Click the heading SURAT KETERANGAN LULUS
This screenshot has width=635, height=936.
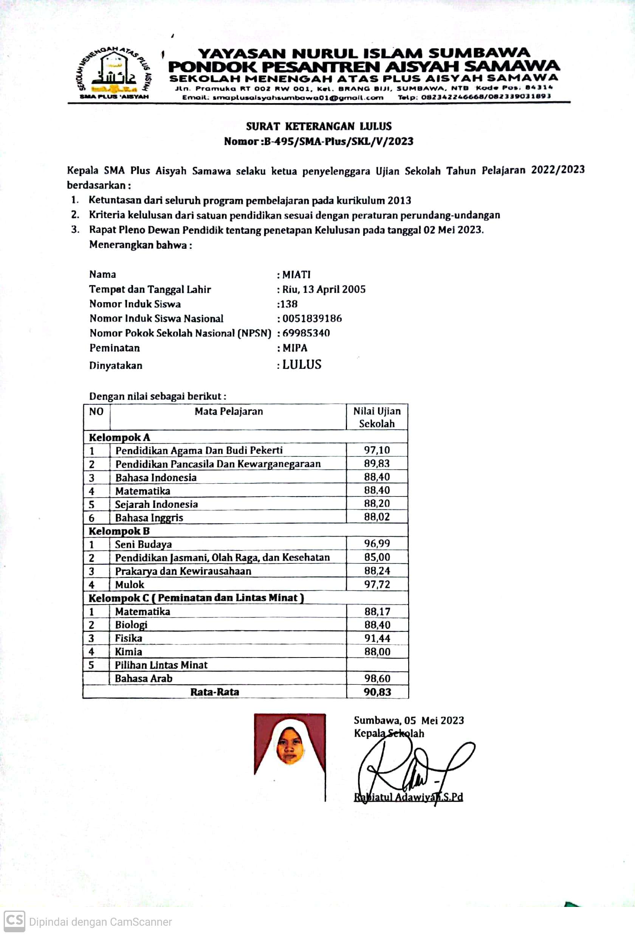click(x=319, y=127)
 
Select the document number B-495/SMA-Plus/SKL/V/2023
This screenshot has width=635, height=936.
click(x=338, y=141)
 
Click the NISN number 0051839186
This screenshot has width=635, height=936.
click(x=312, y=319)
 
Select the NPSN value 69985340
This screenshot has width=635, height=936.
click(x=306, y=333)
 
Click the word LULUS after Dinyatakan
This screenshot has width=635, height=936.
click(x=302, y=365)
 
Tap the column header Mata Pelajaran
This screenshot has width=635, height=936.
click(x=228, y=411)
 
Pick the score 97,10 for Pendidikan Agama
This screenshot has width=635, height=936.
click(x=377, y=450)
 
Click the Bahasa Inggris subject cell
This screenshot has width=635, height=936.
click(x=149, y=518)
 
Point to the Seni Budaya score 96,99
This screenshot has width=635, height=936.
click(x=377, y=543)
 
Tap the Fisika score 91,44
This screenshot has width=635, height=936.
click(x=377, y=638)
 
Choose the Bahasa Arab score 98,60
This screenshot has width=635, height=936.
click(x=377, y=678)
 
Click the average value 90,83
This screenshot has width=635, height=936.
click(x=377, y=692)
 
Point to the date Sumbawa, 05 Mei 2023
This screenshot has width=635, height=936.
click(x=409, y=720)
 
